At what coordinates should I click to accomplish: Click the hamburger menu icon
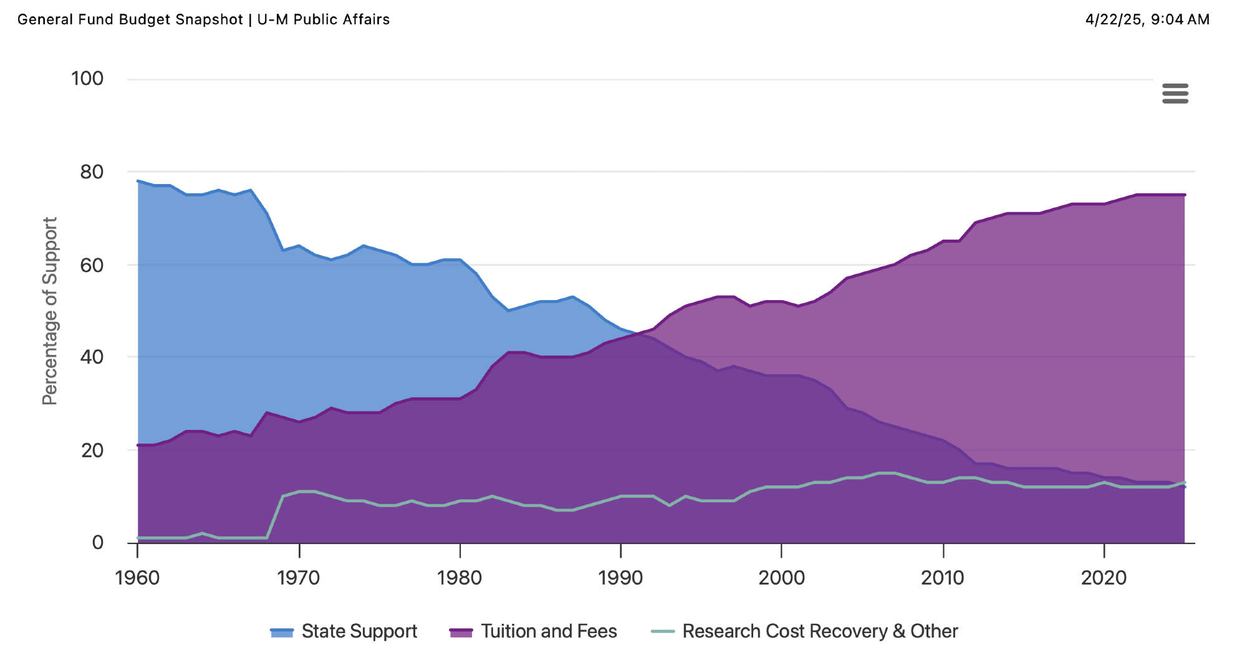(1175, 94)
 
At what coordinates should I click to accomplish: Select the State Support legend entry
(344, 631)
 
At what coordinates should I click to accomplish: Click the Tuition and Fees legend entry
(533, 631)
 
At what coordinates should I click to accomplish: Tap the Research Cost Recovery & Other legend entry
(804, 631)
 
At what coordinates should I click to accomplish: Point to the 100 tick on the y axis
(87, 79)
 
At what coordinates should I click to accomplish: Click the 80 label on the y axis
(92, 172)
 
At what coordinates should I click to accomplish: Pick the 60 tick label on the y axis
(92, 265)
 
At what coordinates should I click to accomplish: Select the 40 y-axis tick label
(92, 357)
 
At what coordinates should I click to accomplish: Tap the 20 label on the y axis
(92, 450)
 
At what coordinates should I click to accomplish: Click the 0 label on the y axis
(97, 542)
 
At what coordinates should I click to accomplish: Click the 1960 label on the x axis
(138, 578)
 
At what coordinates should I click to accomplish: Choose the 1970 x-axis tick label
(299, 578)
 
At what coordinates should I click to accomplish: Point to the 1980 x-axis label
(460, 578)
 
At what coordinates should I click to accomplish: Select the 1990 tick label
(620, 578)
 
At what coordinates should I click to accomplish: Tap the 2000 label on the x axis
(782, 578)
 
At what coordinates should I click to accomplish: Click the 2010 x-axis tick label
(943, 578)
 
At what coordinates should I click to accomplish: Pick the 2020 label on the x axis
(1104, 578)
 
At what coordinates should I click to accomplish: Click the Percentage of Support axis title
(50, 311)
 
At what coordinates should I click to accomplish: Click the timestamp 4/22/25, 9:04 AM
(1147, 19)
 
